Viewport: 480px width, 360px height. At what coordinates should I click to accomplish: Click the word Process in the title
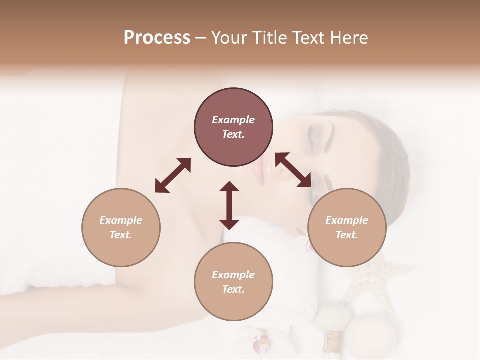point(157,38)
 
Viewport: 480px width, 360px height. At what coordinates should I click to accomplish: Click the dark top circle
point(233,127)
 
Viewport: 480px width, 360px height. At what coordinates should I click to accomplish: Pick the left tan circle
point(121,227)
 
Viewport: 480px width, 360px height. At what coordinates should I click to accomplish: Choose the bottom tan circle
point(233,282)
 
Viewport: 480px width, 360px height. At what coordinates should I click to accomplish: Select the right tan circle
point(347,227)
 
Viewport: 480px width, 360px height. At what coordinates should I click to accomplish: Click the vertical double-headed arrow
point(229,205)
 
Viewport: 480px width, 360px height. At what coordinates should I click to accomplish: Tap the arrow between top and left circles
point(173,175)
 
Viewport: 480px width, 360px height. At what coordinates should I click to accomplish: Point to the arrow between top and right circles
point(293,170)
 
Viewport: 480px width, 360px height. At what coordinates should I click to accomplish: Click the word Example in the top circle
point(233,120)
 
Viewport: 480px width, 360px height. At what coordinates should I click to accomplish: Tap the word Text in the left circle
point(120,235)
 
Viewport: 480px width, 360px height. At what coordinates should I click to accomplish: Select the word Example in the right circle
point(347,220)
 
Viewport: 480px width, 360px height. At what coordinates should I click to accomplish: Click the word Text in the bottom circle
point(233,289)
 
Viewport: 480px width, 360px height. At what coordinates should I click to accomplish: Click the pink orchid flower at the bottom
point(262,344)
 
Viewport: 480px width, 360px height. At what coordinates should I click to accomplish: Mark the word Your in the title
point(227,38)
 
